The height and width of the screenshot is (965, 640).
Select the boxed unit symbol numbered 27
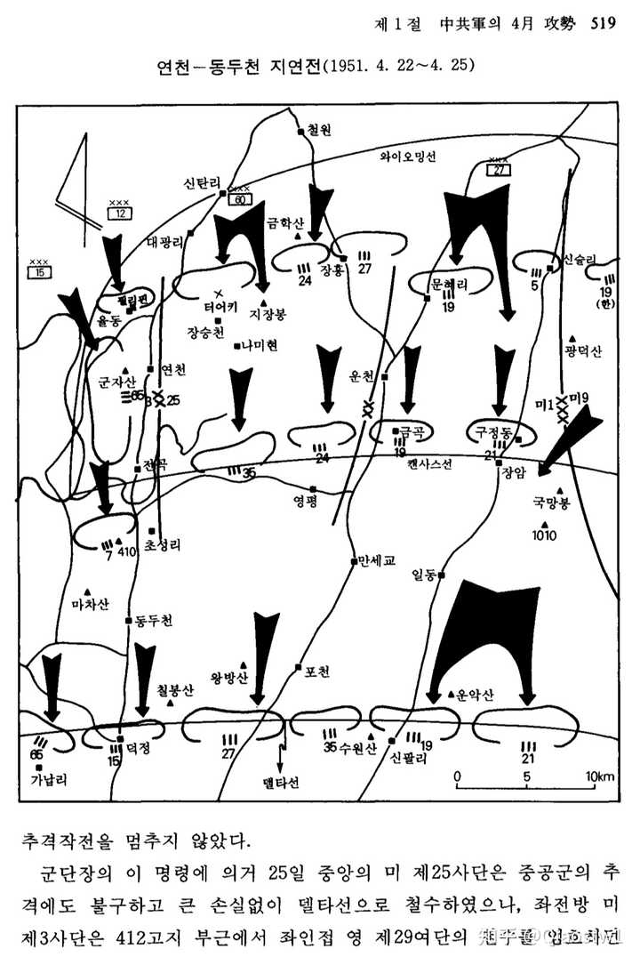(x=500, y=170)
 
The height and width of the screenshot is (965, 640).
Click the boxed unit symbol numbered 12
(x=118, y=213)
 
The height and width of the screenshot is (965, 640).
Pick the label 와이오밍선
(x=408, y=156)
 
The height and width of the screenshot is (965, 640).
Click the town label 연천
(x=173, y=369)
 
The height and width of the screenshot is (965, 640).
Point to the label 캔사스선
(x=430, y=464)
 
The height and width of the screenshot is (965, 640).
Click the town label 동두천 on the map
(x=154, y=619)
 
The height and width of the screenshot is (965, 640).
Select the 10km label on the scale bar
(x=599, y=776)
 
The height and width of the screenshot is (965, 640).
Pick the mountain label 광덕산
(x=582, y=351)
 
